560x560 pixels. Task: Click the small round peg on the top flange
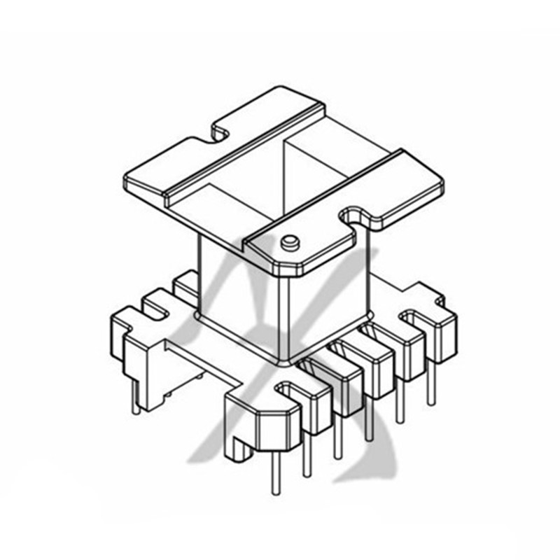288,242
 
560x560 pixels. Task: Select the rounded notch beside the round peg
353,216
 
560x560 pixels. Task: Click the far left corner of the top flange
125,181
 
